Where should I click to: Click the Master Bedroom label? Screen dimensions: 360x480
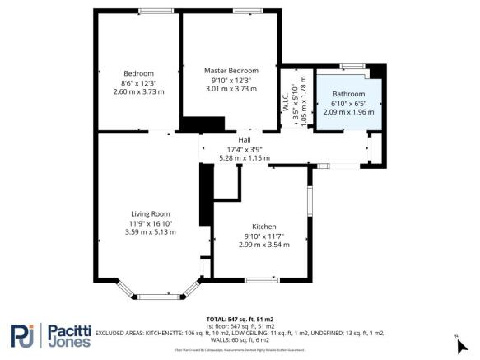231,71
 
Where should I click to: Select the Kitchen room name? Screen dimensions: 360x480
264,227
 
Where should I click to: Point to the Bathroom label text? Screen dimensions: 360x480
347,94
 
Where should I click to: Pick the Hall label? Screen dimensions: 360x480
244,139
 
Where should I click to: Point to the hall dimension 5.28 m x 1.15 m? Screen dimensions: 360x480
244,157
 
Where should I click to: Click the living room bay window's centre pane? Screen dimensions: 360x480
156,295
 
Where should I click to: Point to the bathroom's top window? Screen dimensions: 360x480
352,65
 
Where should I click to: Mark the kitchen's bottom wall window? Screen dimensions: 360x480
261,280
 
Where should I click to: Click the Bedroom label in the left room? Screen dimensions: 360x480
138,73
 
